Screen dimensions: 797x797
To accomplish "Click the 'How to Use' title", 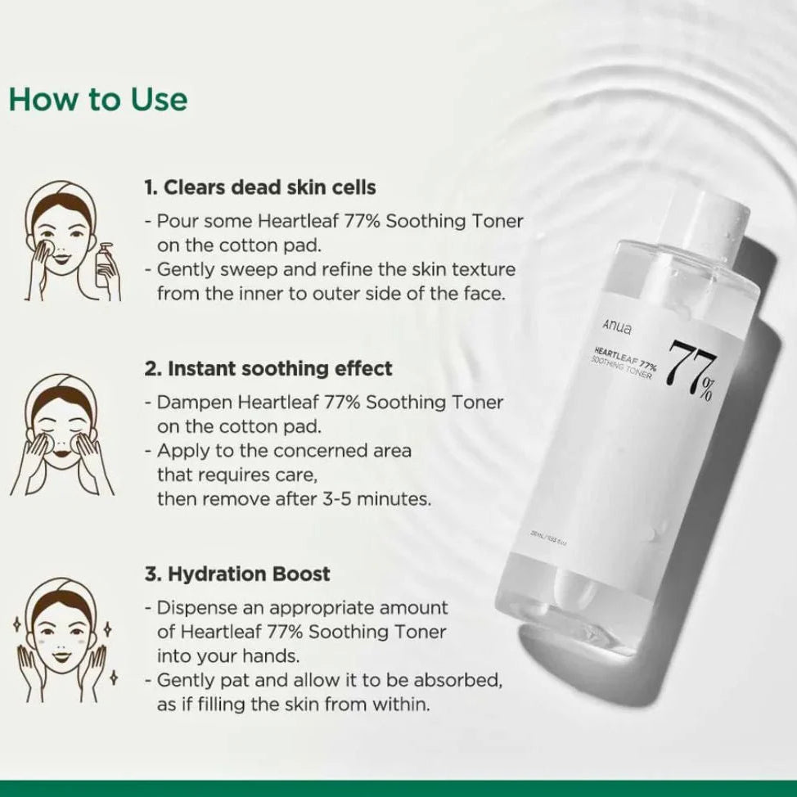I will click(x=98, y=99).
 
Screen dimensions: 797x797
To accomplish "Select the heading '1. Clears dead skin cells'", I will click(x=260, y=187).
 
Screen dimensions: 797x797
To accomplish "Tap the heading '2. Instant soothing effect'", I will click(x=268, y=369).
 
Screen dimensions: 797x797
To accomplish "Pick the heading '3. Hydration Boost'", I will click(x=237, y=574).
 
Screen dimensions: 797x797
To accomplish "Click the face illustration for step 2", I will click(x=62, y=434).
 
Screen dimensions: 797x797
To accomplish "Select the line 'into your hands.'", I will click(x=221, y=655).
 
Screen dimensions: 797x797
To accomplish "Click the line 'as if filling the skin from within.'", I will click(x=293, y=705).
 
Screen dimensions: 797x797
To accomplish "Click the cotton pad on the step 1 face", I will click(x=45, y=245).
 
